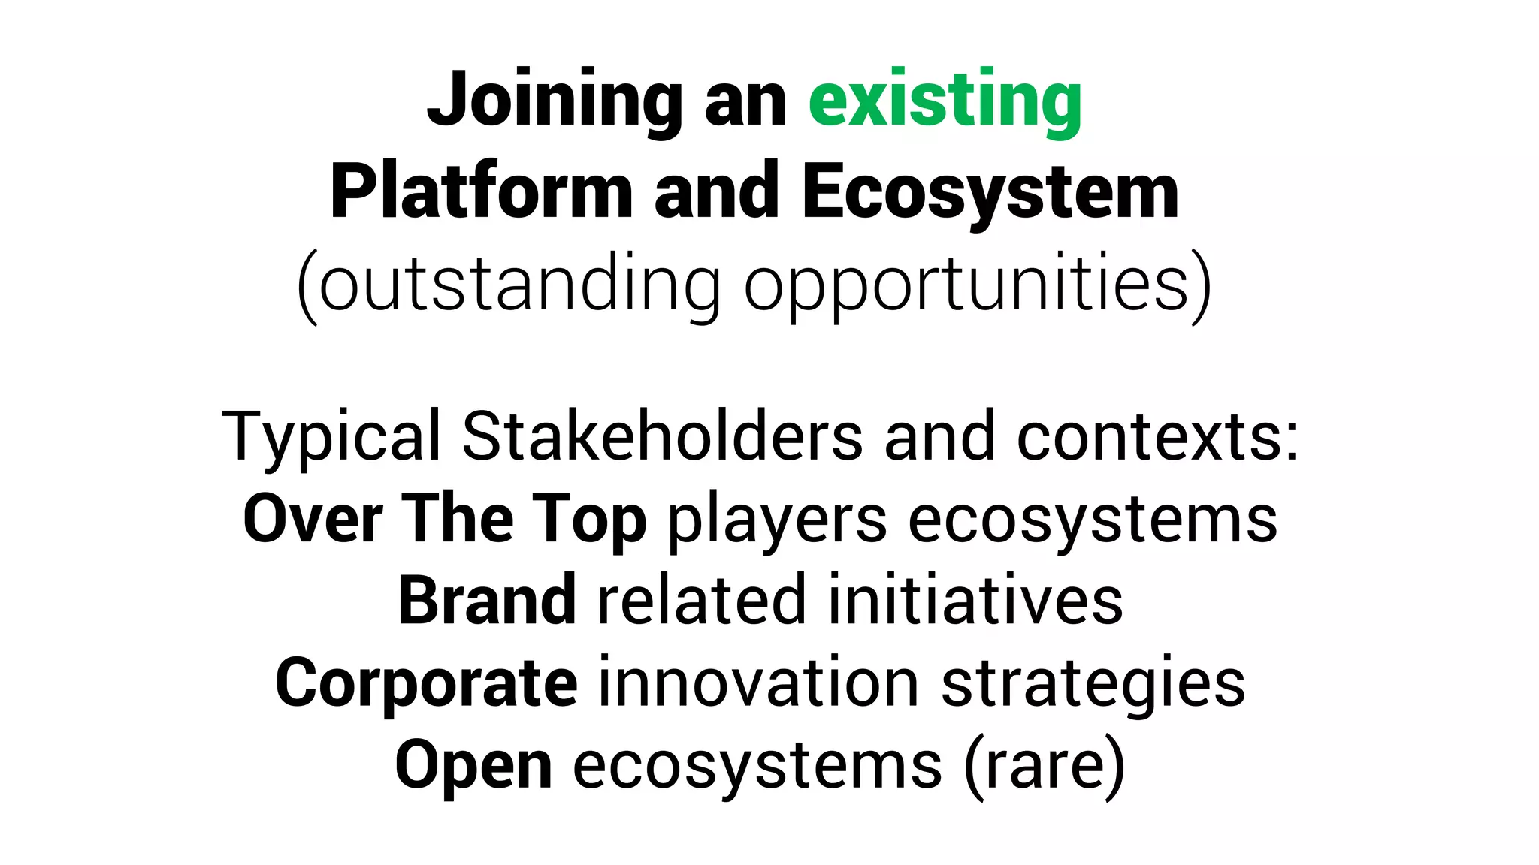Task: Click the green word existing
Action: click(945, 101)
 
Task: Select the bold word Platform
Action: click(482, 192)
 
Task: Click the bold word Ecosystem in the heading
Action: click(990, 192)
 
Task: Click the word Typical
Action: click(331, 437)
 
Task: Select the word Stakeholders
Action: click(662, 437)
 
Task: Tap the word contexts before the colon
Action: click(1150, 437)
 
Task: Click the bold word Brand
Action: click(487, 601)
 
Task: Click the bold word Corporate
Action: click(426, 684)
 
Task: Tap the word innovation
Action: click(757, 683)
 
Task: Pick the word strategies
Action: click(1093, 684)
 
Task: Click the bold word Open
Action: click(473, 766)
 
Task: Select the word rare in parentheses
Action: click(1044, 766)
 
